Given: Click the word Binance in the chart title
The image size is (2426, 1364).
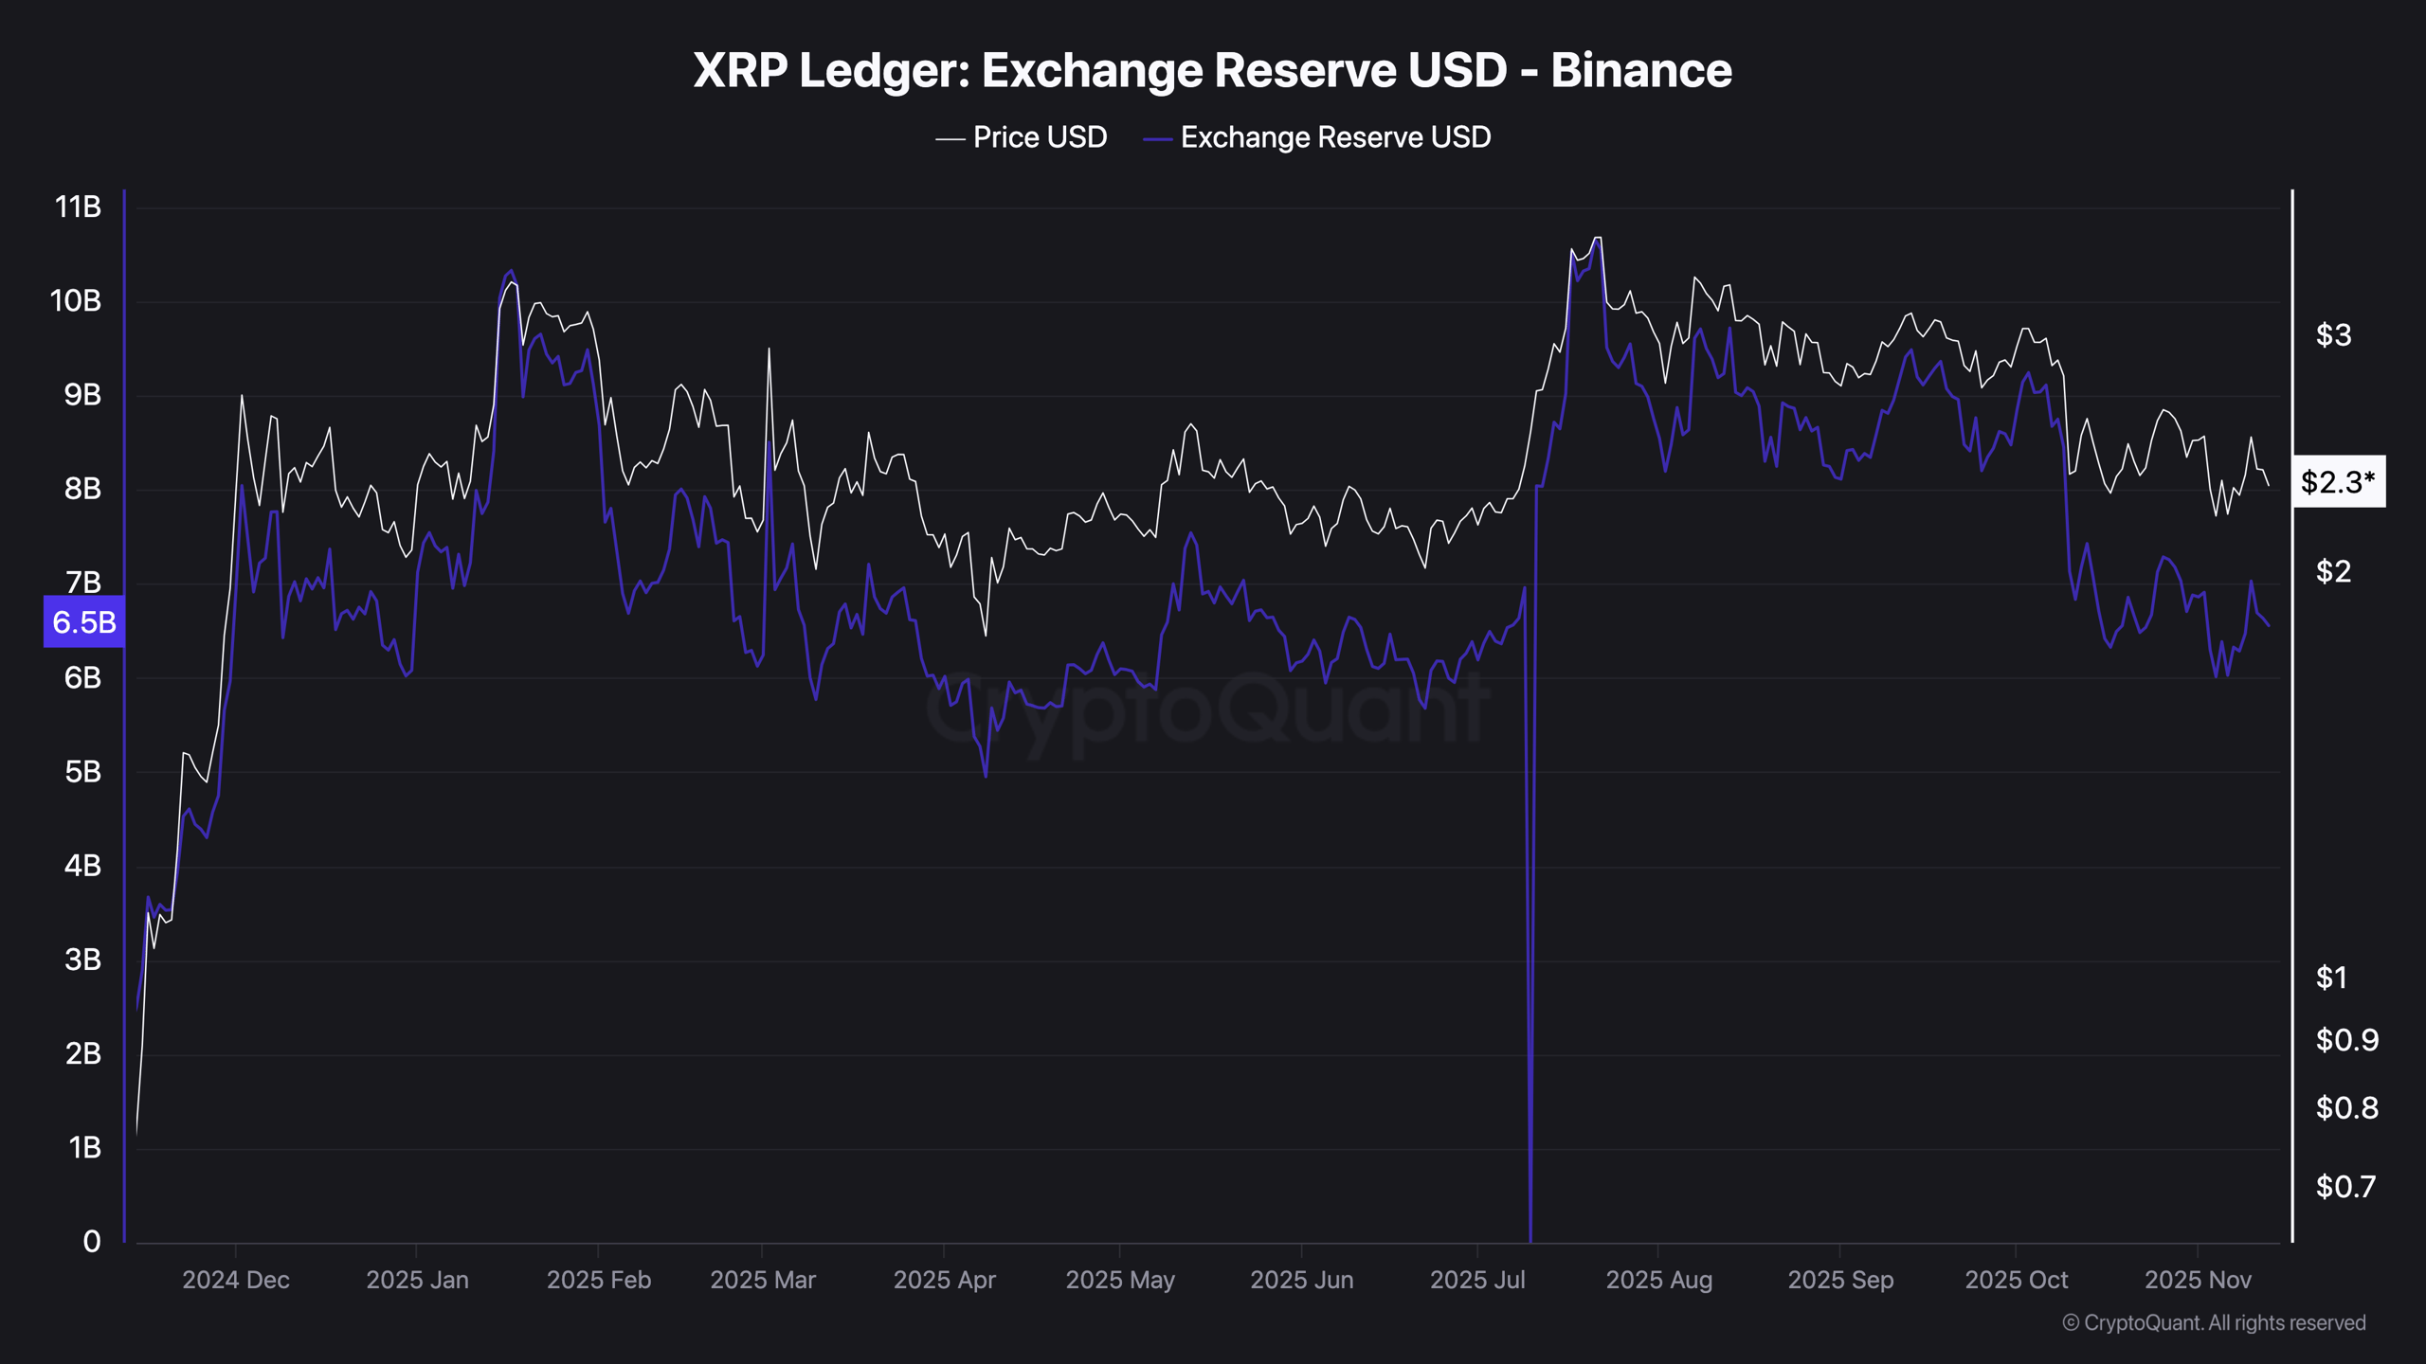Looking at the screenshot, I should click(x=1640, y=70).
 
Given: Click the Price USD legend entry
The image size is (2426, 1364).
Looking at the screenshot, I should click(x=1022, y=137).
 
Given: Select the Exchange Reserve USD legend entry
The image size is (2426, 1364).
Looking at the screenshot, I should click(x=1317, y=137).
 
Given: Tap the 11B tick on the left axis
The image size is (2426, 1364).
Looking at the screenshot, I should click(x=78, y=206).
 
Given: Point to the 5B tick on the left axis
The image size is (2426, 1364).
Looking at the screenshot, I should click(x=82, y=771).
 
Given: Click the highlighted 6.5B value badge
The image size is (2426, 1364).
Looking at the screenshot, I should click(x=83, y=621).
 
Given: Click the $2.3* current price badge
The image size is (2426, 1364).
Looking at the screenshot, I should click(x=2337, y=482).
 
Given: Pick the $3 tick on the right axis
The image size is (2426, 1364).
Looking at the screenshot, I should click(x=2333, y=334).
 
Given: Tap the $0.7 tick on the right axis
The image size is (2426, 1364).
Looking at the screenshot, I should click(x=2345, y=1186).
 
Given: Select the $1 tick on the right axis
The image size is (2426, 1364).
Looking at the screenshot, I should click(x=2331, y=977).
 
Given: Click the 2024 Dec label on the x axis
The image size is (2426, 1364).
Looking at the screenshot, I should click(x=236, y=1280).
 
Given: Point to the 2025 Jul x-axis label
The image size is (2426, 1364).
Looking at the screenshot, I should click(x=1476, y=1280).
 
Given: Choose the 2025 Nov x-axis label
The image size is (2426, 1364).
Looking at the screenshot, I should click(x=2197, y=1280).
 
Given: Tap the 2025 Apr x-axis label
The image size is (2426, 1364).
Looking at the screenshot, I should click(x=944, y=1280).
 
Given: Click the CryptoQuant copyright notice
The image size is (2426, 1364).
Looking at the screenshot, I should click(x=2214, y=1322).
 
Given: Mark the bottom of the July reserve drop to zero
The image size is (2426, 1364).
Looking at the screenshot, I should click(x=1530, y=1237).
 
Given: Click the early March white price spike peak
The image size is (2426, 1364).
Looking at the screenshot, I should click(x=769, y=350).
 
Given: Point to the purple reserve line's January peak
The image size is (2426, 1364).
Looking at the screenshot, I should click(x=511, y=271).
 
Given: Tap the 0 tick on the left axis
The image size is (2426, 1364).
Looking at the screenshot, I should click(x=91, y=1241).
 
